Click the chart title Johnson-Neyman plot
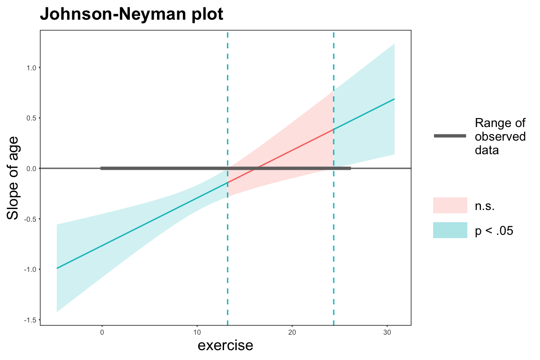pyautogui.click(x=132, y=14)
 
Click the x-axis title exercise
pyautogui.click(x=225, y=345)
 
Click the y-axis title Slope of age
pyautogui.click(x=13, y=178)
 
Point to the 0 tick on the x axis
pyautogui.click(x=102, y=332)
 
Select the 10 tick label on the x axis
pyautogui.click(x=197, y=332)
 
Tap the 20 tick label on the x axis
pyautogui.click(x=292, y=332)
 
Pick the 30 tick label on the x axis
pyautogui.click(x=388, y=332)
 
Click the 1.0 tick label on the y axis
pyautogui.click(x=31, y=68)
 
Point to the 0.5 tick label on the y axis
pyautogui.click(x=31, y=118)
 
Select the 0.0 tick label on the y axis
pyautogui.click(x=31, y=169)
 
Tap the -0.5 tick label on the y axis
pyautogui.click(x=30, y=219)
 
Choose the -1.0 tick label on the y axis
pyautogui.click(x=30, y=270)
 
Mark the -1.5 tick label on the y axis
pyautogui.click(x=30, y=320)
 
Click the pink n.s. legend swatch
pyautogui.click(x=450, y=205)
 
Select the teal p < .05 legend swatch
pyautogui.click(x=450, y=230)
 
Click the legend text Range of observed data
pyautogui.click(x=500, y=136)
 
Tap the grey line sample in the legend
pyautogui.click(x=450, y=136)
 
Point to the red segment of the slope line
pyautogui.click(x=281, y=156)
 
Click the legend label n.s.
pyautogui.click(x=485, y=206)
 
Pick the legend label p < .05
pyautogui.click(x=494, y=231)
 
